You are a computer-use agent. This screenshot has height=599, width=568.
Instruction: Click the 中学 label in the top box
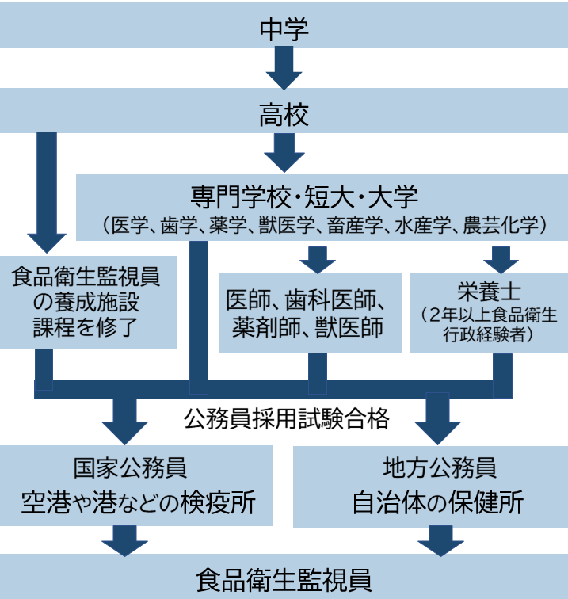pyautogui.click(x=284, y=29)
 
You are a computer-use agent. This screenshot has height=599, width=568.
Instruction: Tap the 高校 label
pyautogui.click(x=284, y=116)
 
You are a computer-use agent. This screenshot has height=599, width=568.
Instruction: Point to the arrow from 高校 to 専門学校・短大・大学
pyautogui.click(x=284, y=153)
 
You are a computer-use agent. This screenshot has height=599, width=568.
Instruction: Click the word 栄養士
pyautogui.click(x=490, y=292)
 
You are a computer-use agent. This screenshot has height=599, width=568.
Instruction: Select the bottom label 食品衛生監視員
pyautogui.click(x=284, y=578)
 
